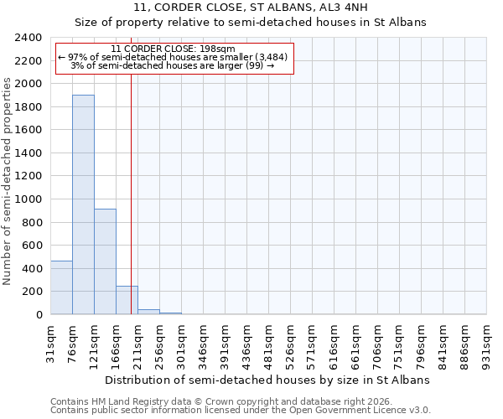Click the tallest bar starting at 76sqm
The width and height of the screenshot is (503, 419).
coord(83,204)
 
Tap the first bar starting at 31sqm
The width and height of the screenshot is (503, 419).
coord(61,287)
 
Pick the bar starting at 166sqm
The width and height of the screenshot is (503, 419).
coord(127,300)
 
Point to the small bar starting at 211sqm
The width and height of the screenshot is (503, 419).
coord(148,312)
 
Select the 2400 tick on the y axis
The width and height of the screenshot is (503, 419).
coord(29,38)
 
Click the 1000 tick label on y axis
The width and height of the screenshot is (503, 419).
coord(29,199)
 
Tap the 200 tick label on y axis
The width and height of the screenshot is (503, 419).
coord(33,292)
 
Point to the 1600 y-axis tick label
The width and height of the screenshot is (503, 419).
coord(29,130)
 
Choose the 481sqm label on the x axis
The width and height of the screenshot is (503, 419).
coord(269,342)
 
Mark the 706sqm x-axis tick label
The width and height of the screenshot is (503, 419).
coord(378,342)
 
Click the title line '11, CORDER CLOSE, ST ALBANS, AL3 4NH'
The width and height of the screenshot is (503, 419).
coord(251,8)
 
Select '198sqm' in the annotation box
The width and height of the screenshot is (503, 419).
coord(228,49)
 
